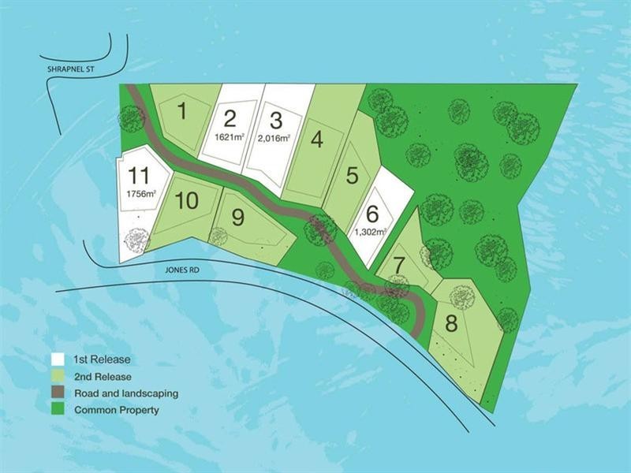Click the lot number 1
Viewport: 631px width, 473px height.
[182, 110]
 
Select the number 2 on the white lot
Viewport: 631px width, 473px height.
[230, 119]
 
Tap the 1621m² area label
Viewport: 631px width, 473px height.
[230, 136]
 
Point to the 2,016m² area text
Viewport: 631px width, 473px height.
[275, 137]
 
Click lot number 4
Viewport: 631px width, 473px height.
[317, 140]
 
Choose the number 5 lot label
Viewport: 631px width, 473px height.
[353, 175]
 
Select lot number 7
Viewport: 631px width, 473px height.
[399, 265]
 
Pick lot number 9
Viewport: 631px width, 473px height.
[237, 214]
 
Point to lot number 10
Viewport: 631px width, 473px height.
[187, 200]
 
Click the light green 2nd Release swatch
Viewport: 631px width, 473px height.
[58, 376]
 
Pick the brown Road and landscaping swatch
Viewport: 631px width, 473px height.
[58, 393]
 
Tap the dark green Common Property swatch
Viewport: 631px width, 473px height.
[58, 410]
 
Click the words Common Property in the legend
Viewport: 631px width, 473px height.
[116, 410]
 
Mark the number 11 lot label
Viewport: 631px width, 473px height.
[140, 174]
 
